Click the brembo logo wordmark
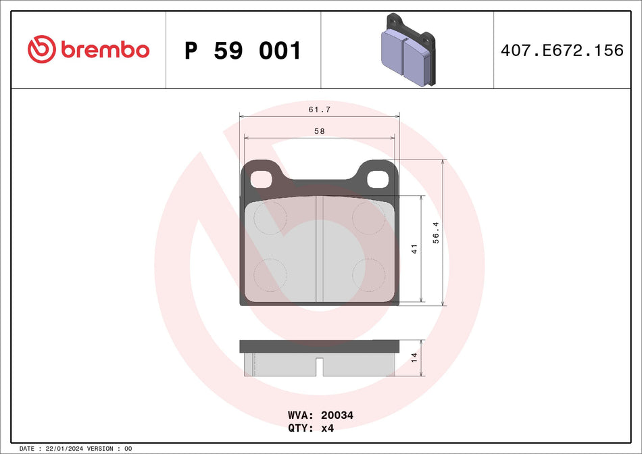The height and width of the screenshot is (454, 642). pos(104,49)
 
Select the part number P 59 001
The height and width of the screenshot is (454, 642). pos(243,51)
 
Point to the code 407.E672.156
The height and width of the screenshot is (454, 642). pos(562,50)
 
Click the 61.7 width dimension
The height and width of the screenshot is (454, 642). pos(319,109)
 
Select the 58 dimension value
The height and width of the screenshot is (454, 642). pos(319,131)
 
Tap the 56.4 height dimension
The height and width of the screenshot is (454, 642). pos(437,232)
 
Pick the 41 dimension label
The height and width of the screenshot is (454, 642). pos(415,249)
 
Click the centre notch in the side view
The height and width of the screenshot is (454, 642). pos(320,367)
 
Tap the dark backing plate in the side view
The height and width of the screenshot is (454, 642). pos(319,347)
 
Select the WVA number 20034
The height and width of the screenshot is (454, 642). pos(339,415)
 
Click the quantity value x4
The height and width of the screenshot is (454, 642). pos(327,428)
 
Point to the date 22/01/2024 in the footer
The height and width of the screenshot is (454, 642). pos(66,448)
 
